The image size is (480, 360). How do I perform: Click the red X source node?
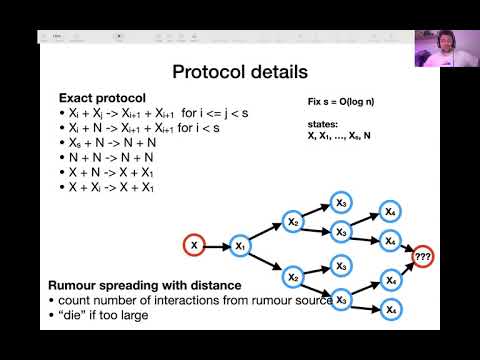click(194, 244)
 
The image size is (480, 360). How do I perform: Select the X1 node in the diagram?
click(239, 244)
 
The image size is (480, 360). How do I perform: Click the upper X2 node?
click(292, 221)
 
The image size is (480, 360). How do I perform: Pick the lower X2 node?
click(292, 277)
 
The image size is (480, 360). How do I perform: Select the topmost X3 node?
click(342, 203)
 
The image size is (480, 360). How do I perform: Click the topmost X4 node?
click(389, 213)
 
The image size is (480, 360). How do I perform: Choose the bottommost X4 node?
click(389, 311)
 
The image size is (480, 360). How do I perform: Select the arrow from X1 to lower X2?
click(265, 260)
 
